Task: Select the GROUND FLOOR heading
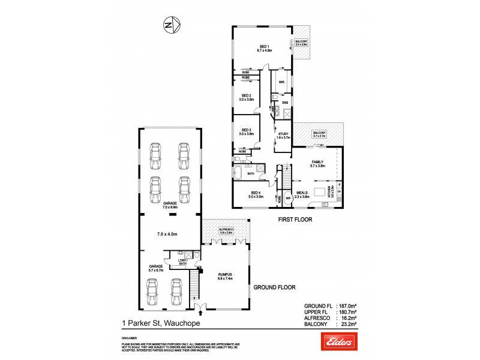[x=275, y=288]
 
